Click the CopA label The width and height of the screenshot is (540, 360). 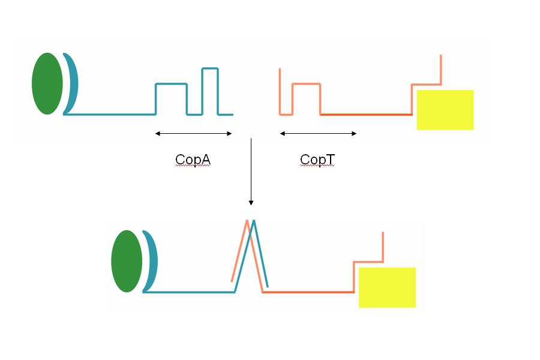coord(193,160)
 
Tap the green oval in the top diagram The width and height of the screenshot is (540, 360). coord(47,83)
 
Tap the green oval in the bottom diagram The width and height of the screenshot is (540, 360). coord(127,261)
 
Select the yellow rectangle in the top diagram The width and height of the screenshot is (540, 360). coord(445,110)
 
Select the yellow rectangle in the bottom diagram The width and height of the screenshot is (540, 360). coord(387,287)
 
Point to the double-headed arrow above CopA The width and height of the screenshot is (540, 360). coord(193,134)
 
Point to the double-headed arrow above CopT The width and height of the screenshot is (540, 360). coord(318,134)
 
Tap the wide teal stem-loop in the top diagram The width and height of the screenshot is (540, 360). coord(172,85)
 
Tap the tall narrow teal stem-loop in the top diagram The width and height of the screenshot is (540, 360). coord(210,69)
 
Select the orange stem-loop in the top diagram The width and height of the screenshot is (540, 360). coord(306,85)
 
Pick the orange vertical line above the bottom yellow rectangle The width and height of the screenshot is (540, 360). coord(383,246)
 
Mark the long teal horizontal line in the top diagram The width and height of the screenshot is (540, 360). coord(111,113)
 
